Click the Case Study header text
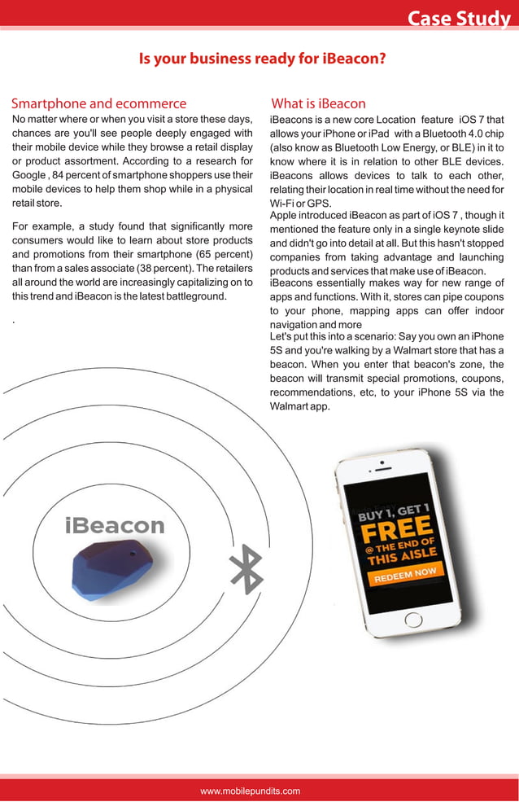(458, 18)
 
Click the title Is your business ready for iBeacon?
(262, 59)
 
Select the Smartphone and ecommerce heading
(98, 103)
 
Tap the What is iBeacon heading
(318, 103)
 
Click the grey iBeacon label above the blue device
(115, 525)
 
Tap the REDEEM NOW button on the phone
(406, 574)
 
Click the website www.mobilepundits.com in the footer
(251, 791)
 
